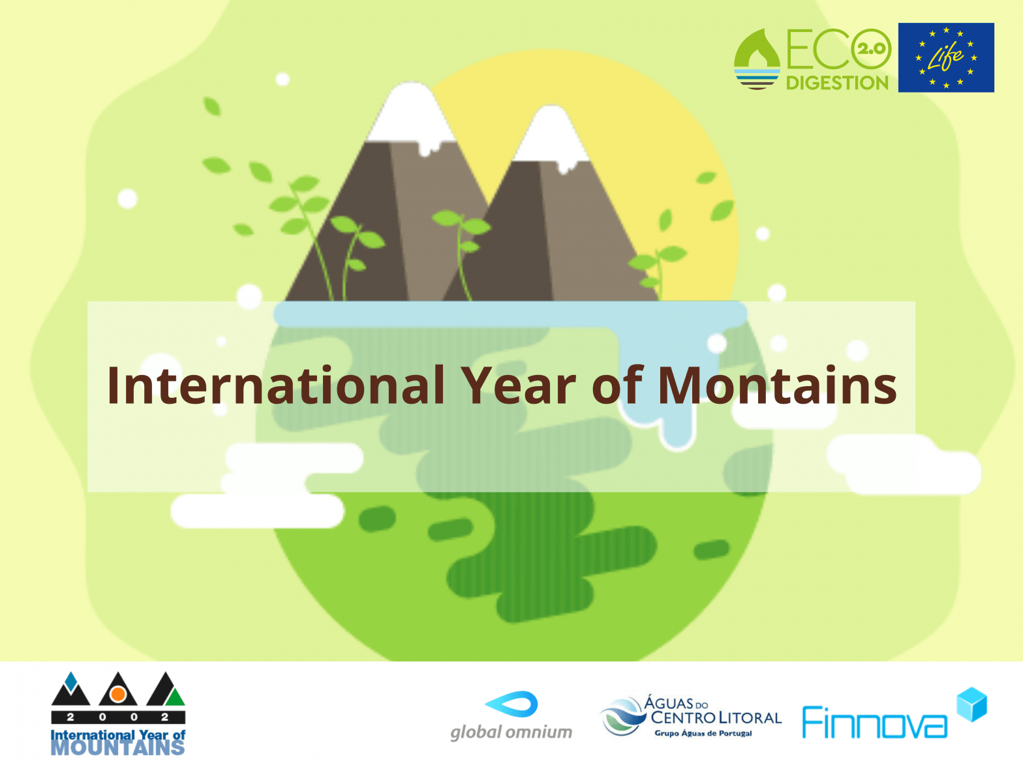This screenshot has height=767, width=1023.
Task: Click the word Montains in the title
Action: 777,385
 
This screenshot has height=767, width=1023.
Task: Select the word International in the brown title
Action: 276,385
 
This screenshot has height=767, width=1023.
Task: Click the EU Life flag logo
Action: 946,57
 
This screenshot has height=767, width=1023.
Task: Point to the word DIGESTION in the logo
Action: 837,83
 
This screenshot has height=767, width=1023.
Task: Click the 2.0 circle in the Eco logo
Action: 871,49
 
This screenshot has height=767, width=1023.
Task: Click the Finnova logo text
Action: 874,722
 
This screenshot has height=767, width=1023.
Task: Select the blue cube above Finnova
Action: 971,704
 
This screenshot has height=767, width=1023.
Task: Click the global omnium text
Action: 511,732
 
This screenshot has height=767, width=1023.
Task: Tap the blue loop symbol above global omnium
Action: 511,704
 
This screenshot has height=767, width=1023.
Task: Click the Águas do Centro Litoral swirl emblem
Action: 622,716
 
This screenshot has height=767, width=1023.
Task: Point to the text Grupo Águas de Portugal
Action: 703,734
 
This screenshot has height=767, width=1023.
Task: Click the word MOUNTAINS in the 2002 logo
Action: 118,748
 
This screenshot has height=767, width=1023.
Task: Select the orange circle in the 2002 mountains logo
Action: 118,695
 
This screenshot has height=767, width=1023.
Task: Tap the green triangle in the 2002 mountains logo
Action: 176,697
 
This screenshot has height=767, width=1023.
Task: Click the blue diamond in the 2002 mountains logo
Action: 71,682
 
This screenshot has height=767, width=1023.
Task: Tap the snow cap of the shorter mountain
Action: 552,138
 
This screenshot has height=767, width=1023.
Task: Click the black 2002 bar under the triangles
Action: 118,717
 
